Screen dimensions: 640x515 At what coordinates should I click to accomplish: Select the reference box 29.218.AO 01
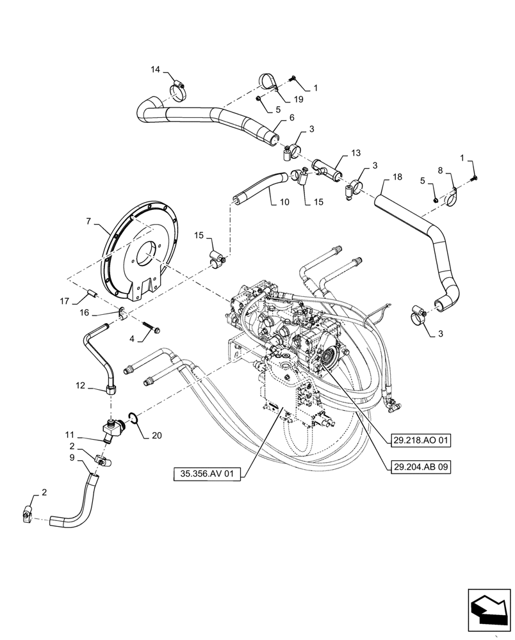pos(419,440)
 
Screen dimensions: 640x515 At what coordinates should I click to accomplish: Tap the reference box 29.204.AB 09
pos(419,467)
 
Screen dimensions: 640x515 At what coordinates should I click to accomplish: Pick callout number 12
pos(80,386)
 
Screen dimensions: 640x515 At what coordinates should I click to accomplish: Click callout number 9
pos(72,458)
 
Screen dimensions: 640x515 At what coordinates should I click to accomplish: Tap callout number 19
pos(298,99)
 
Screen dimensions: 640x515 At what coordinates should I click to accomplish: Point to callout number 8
pos(440,170)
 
